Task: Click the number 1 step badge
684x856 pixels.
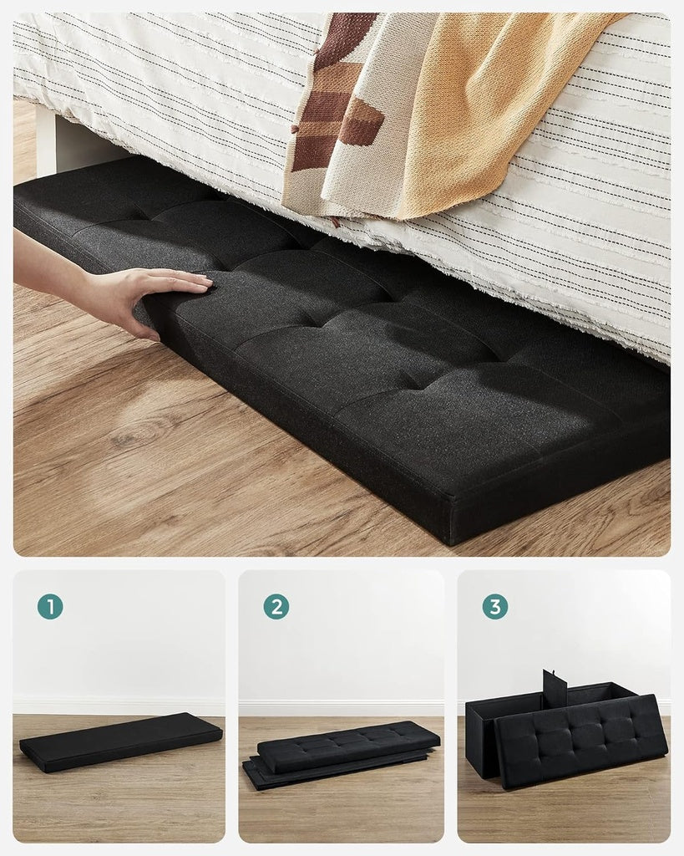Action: point(50,607)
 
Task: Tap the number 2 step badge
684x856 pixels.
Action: point(276,607)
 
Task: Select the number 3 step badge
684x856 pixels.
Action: point(494,607)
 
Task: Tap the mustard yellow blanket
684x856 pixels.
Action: point(493,100)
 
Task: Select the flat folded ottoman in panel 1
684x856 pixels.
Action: point(121,741)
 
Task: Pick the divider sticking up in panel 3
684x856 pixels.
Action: point(555,687)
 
